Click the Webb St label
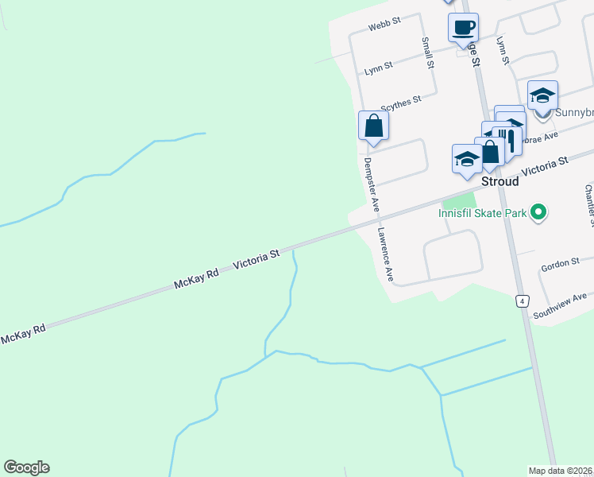coord(385,26)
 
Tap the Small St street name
coord(428,51)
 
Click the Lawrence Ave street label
coord(386,256)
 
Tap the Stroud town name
coord(500,181)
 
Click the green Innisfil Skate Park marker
coord(538,212)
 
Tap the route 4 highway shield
coord(522,301)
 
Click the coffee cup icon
coord(463,28)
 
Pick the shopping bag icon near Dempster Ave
coord(373,126)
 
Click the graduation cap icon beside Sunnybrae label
coord(542,96)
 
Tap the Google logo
coord(26,467)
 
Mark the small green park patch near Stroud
coord(458,200)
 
